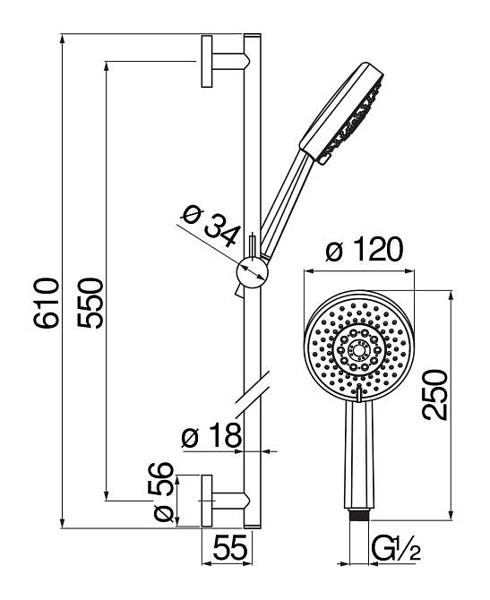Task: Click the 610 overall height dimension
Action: (47, 303)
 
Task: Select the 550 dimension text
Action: (90, 303)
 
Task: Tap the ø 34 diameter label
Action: (211, 226)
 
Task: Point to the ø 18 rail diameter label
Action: (211, 436)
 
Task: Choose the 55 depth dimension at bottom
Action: (230, 547)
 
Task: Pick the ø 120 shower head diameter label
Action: (364, 250)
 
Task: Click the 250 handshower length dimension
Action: (434, 395)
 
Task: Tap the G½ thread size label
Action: (396, 548)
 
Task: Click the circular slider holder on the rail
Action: (253, 272)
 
